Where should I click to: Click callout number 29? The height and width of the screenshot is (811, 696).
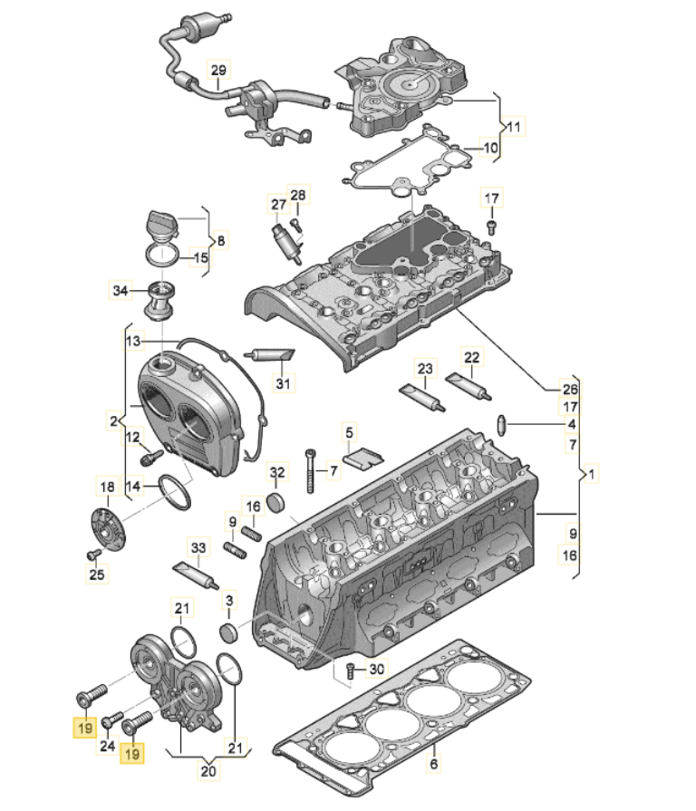(x=217, y=71)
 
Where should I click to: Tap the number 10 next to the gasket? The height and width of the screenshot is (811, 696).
(x=489, y=148)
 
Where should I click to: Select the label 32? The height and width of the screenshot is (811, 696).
(x=277, y=472)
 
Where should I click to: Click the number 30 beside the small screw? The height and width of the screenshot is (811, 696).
(x=376, y=670)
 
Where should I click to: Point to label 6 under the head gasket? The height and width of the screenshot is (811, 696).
(x=434, y=766)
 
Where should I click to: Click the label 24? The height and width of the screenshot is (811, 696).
(x=107, y=747)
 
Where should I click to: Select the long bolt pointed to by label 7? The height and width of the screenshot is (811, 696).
(x=310, y=470)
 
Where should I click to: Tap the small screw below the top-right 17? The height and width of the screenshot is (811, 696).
(x=491, y=225)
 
